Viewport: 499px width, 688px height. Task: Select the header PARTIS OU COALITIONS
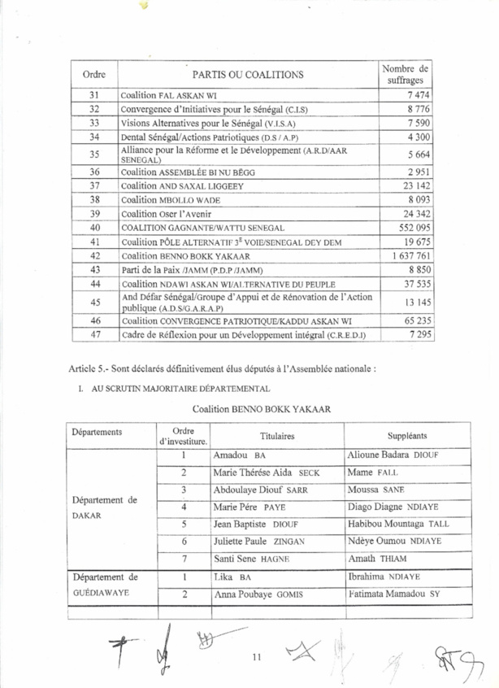pyautogui.click(x=249, y=75)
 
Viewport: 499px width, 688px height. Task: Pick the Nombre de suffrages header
pyautogui.click(x=406, y=75)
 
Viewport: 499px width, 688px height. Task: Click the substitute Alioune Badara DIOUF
pyautogui.click(x=393, y=455)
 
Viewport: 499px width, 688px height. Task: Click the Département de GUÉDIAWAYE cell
pyautogui.click(x=106, y=586)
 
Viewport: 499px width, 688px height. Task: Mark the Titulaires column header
pyautogui.click(x=277, y=435)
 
